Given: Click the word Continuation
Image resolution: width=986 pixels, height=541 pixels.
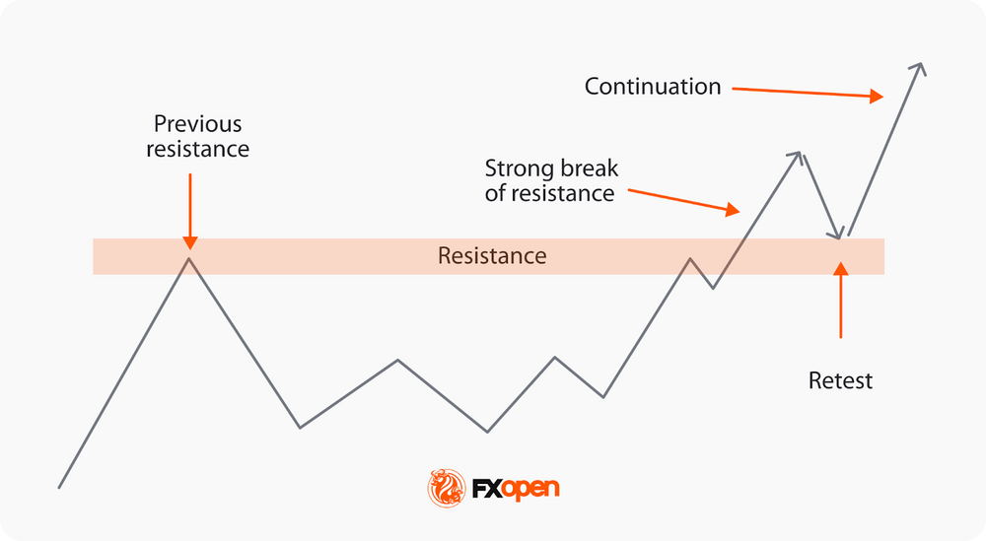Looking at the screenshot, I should click(x=653, y=87).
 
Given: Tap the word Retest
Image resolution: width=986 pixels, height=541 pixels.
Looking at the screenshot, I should click(x=840, y=380).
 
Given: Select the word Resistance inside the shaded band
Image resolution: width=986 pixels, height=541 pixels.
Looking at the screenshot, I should click(x=492, y=256).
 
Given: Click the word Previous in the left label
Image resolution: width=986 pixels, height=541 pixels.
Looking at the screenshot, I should click(x=197, y=125).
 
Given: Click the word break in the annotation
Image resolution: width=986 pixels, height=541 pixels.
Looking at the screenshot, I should click(x=590, y=168).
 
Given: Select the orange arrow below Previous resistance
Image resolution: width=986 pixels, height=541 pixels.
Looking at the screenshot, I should click(x=190, y=211).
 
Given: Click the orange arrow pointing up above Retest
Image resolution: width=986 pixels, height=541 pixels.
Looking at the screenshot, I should click(x=840, y=300).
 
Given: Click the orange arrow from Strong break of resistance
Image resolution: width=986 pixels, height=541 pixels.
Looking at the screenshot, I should click(x=683, y=200).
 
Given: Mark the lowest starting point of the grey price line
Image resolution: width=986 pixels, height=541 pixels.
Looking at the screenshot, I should click(x=60, y=487).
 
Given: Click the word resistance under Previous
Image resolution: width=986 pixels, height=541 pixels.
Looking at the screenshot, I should click(x=197, y=150).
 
